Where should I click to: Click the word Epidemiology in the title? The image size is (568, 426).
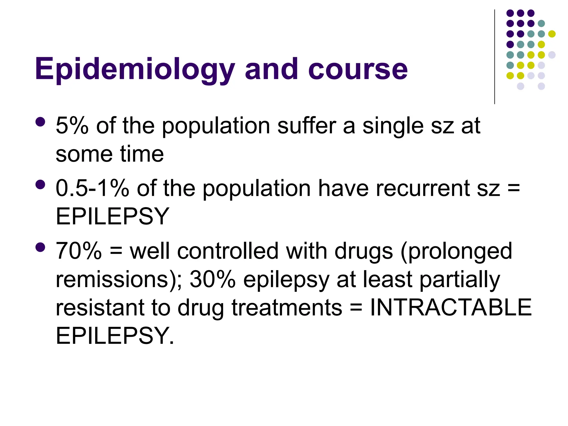point(135,69)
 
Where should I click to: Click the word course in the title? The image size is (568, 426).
point(358,69)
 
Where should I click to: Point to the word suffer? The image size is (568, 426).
point(306,126)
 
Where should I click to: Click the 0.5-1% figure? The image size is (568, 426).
point(92,188)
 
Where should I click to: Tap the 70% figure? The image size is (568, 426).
point(79,251)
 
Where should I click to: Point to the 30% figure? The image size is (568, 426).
point(213,279)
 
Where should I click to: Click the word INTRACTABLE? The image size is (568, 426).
point(451,308)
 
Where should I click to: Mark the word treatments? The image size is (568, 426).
point(287,308)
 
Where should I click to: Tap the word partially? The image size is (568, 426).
point(460,280)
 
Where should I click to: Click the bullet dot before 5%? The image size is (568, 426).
point(40,122)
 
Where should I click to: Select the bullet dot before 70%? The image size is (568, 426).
point(40,247)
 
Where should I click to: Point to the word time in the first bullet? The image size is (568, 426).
point(142,154)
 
